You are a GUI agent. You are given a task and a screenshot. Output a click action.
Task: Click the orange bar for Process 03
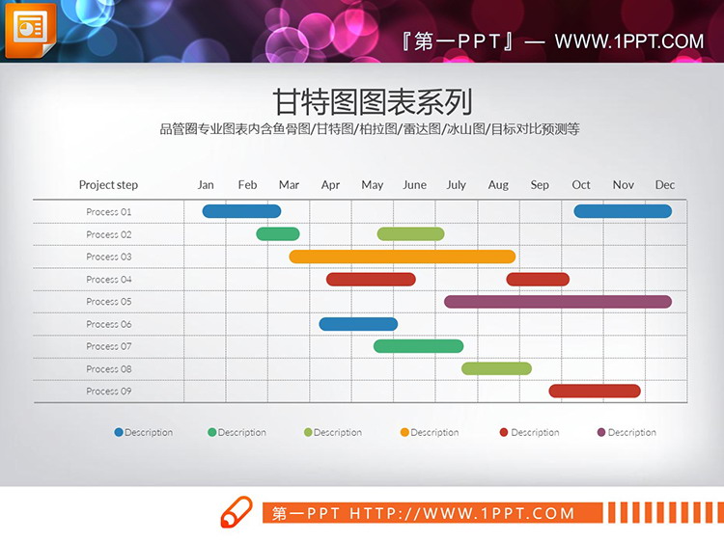click(x=403, y=257)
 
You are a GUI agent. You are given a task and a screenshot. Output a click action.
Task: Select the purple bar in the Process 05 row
click(x=558, y=302)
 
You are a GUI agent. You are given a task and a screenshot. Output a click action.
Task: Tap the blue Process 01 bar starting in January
click(x=241, y=211)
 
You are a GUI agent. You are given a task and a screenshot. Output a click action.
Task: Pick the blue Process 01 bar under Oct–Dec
click(x=623, y=211)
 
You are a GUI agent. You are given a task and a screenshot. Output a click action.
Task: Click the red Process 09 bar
click(x=595, y=391)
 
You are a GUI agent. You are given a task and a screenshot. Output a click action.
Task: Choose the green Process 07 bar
click(x=418, y=346)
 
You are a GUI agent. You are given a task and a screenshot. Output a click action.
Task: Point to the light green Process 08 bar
click(x=496, y=368)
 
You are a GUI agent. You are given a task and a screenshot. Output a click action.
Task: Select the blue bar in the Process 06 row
click(x=358, y=324)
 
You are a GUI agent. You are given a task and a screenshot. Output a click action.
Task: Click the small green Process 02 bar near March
click(x=278, y=233)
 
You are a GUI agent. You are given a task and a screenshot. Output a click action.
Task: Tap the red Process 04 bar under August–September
click(x=538, y=280)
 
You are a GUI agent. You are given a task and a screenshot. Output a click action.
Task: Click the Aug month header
click(x=498, y=185)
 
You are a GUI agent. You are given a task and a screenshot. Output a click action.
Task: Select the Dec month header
click(x=665, y=185)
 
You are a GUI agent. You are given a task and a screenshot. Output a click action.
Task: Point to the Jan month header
click(x=206, y=185)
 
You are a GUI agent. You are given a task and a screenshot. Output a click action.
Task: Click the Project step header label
click(x=108, y=185)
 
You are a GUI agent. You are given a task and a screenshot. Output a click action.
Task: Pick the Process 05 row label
click(x=108, y=302)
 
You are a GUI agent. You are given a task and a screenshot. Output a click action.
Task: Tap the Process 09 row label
click(x=108, y=392)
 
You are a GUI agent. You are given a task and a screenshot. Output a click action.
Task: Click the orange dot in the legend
click(x=405, y=432)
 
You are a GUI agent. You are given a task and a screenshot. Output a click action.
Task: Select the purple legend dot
click(x=602, y=432)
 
